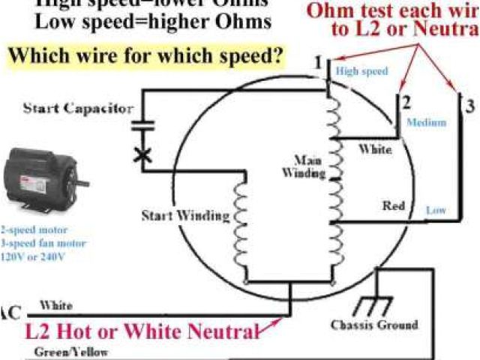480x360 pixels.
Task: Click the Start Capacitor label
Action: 77,108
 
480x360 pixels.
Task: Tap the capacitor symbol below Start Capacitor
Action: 142,124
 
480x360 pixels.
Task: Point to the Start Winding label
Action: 185,216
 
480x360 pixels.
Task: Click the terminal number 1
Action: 319,61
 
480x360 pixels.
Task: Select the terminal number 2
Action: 406,102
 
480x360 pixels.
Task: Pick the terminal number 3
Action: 470,106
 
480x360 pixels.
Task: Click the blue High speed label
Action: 361,72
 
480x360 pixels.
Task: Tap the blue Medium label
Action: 426,121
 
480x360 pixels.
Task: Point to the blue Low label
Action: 436,211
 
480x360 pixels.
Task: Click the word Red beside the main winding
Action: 394,205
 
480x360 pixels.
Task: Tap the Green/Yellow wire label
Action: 71,351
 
